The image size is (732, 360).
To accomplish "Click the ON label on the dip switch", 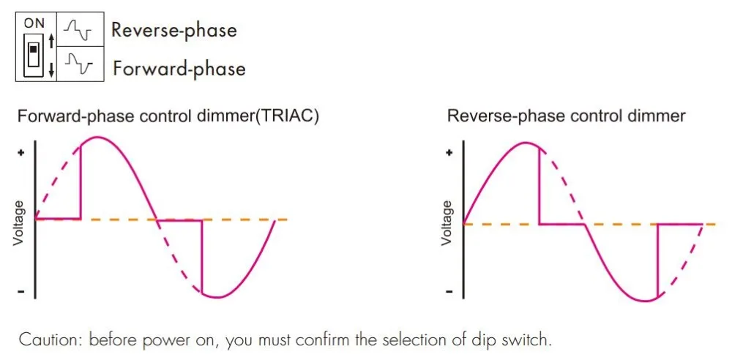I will pos(34,23).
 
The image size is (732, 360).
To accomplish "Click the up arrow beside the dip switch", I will pos(50,41).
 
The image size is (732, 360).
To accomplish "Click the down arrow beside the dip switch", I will pos(50,70).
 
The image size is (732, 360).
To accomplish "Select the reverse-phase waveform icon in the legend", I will pos(76,30).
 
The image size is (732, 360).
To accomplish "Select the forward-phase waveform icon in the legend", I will pos(76,66).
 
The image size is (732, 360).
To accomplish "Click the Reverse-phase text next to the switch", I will pos(173,31).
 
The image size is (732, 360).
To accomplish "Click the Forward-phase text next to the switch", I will pos(179,69).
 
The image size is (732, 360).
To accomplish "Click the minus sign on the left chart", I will pos(20,293).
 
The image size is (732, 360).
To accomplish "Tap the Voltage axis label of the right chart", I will pos(446,222).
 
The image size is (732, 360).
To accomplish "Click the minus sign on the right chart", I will pos(449,293).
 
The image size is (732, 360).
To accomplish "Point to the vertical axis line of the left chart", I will pos(35,220).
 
